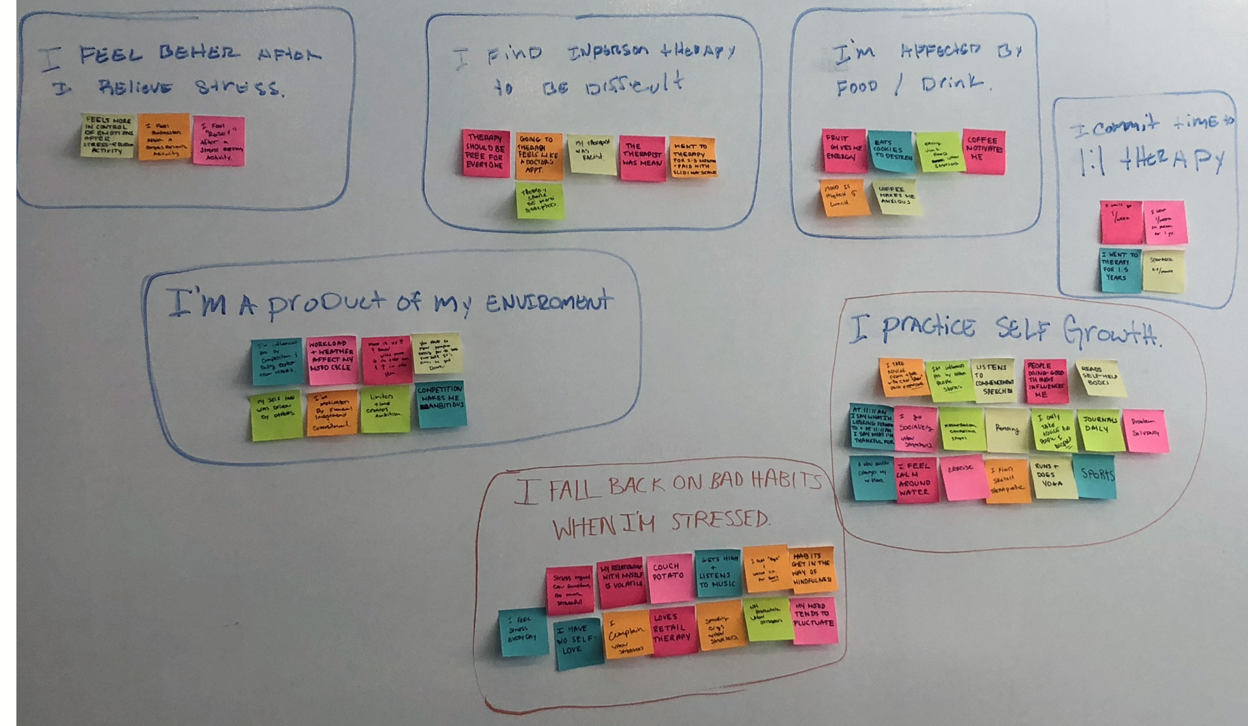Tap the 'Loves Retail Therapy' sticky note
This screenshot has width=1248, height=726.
point(673,629)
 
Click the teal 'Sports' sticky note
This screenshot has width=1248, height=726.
point(1097,476)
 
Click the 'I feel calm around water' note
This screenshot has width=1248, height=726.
point(915,481)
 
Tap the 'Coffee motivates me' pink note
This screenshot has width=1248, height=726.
point(983,152)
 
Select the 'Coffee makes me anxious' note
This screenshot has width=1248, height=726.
point(896,198)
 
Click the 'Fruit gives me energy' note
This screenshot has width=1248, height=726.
point(844,150)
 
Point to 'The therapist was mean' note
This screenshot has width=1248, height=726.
point(642,158)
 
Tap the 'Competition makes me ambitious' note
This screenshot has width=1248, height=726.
point(441,404)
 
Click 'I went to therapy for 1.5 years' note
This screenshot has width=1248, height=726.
point(1120,270)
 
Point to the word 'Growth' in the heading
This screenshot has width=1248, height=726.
point(1110,330)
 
